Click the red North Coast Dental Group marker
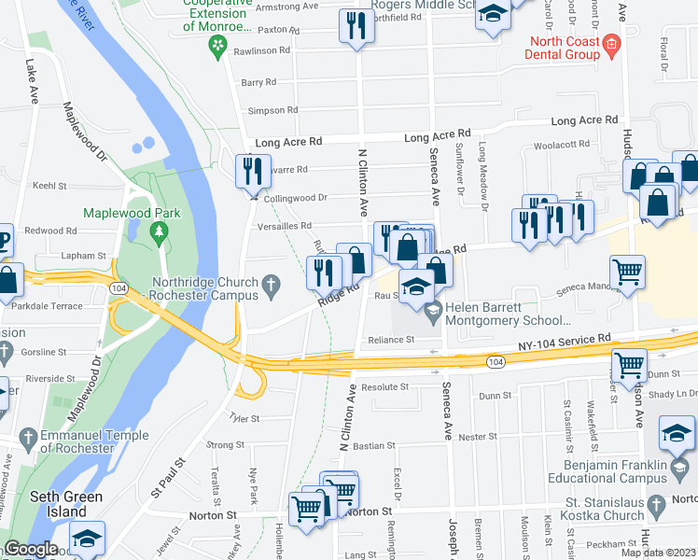611,43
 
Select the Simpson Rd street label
272,110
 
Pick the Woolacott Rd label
562,145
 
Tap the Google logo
31,550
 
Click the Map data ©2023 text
657,553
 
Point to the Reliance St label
390,341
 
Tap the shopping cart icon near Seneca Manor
627,273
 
